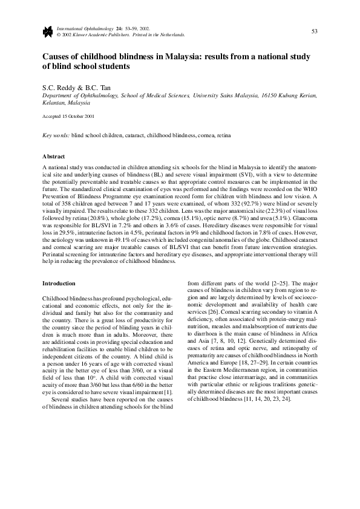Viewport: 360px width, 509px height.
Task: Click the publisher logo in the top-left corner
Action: [x=47, y=31]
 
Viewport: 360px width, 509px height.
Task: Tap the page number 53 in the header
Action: [x=315, y=31]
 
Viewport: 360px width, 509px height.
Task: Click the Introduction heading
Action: [x=58, y=283]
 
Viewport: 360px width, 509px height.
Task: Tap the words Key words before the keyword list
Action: [x=55, y=136]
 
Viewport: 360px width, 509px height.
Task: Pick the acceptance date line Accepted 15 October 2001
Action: [x=68, y=116]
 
